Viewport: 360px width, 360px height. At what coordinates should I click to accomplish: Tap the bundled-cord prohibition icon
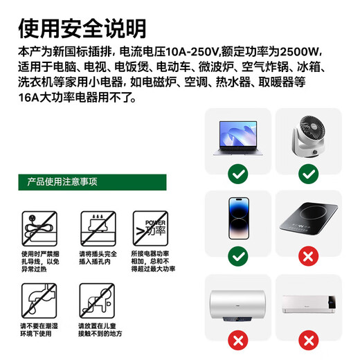(36, 227)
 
